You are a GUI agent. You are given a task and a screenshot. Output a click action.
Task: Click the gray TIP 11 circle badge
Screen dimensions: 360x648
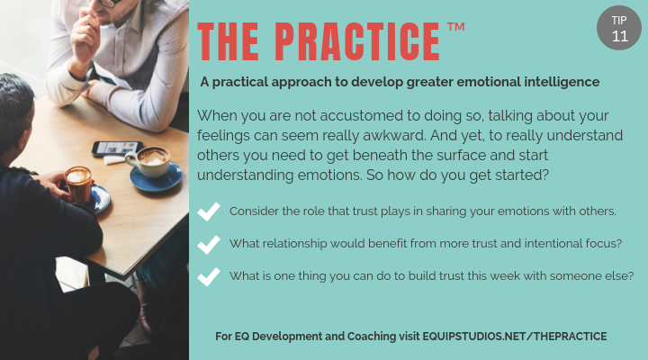(620, 28)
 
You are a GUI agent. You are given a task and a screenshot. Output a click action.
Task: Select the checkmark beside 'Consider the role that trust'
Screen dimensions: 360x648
(209, 211)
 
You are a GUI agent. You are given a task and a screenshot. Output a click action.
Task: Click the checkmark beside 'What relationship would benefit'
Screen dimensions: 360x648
(209, 244)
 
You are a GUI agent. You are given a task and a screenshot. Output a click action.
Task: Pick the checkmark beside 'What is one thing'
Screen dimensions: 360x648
(209, 275)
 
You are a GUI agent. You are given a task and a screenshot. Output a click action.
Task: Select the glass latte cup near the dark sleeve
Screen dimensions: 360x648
(79, 184)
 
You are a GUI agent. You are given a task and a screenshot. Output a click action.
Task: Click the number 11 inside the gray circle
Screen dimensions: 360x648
(620, 37)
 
